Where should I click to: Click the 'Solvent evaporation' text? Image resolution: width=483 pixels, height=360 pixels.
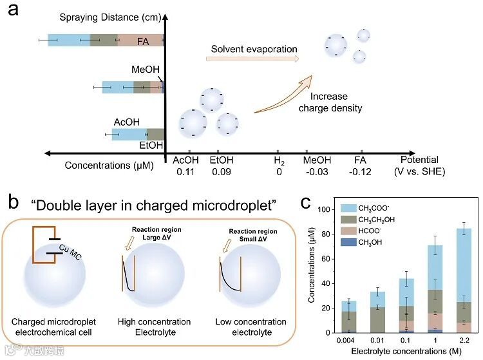[254, 49]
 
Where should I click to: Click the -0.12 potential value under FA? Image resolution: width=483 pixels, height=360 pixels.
[361, 172]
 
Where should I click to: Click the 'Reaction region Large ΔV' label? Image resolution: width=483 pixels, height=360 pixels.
[158, 233]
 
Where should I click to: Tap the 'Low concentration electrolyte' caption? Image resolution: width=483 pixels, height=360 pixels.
[252, 327]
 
